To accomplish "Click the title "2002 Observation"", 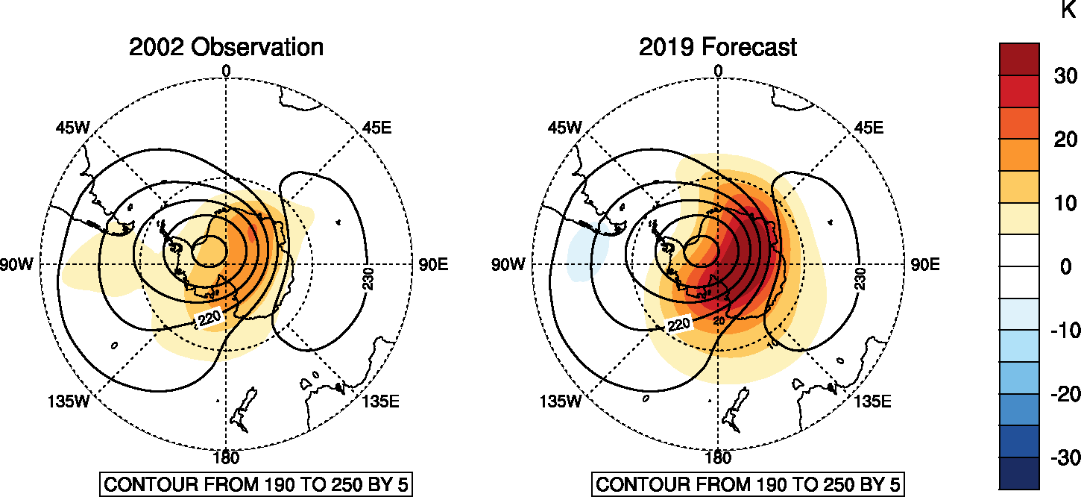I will pyautogui.click(x=226, y=47).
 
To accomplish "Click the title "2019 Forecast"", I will pyautogui.click(x=717, y=47).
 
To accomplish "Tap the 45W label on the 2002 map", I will pyautogui.click(x=72, y=128).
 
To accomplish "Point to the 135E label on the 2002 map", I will pyautogui.click(x=381, y=401).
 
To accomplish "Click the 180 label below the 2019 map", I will pyautogui.click(x=717, y=457).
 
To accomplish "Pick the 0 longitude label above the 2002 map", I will pyautogui.click(x=226, y=71).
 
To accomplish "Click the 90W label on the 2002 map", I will pyautogui.click(x=16, y=265).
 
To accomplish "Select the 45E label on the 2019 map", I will pyautogui.click(x=868, y=128).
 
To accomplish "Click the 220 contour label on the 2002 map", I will pyautogui.click(x=209, y=319).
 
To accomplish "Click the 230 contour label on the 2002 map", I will pyautogui.click(x=368, y=278).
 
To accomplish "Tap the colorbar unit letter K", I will pyautogui.click(x=1067, y=10).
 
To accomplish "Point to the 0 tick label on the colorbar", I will pyautogui.click(x=1065, y=266).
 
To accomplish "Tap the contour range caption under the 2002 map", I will pyautogui.click(x=256, y=484).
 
